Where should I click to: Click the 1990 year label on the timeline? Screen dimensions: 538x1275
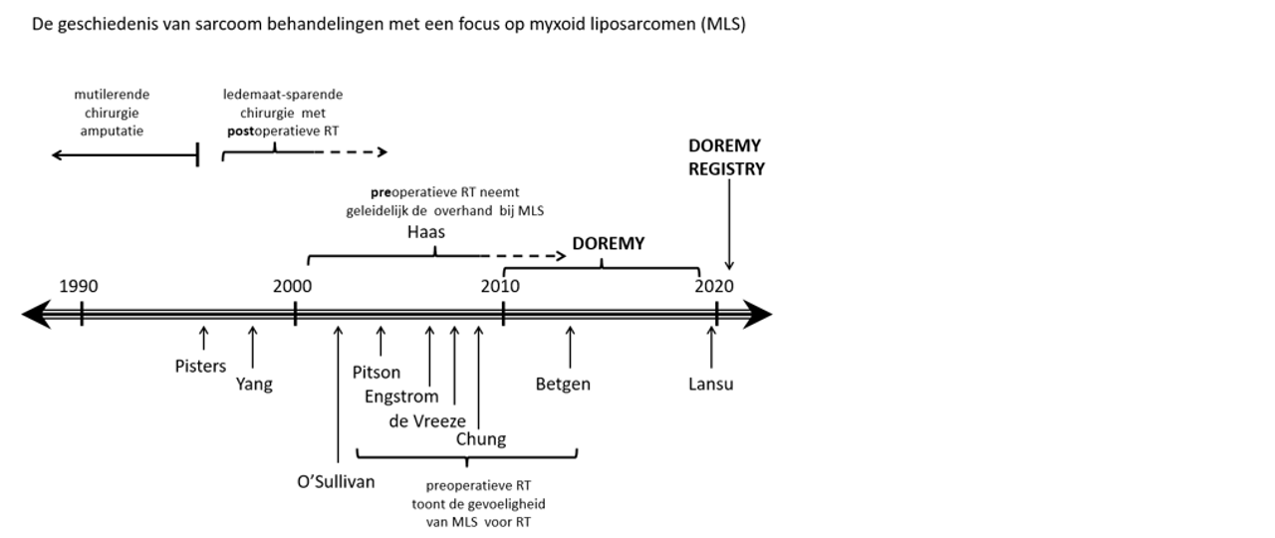click(x=79, y=287)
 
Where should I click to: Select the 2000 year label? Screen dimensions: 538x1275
click(x=293, y=287)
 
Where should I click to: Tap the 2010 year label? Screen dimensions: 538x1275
click(x=500, y=287)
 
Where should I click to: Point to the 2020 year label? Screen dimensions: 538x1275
click(x=714, y=287)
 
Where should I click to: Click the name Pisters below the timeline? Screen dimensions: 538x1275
click(x=200, y=367)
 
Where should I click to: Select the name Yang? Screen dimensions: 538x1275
click(x=254, y=385)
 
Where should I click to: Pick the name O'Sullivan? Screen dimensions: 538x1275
click(x=336, y=482)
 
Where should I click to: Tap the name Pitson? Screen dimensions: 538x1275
click(x=377, y=373)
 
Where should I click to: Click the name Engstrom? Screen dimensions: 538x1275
click(x=401, y=397)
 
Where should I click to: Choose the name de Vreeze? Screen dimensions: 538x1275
click(x=427, y=421)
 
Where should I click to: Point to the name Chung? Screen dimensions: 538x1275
click(x=481, y=439)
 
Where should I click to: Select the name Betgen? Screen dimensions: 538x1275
click(x=563, y=385)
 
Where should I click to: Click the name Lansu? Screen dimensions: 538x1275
click(x=710, y=385)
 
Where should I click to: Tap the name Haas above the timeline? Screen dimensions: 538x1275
click(x=426, y=232)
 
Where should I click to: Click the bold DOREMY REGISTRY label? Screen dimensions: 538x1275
click(x=726, y=157)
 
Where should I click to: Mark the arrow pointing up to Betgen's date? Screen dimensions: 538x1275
click(x=570, y=345)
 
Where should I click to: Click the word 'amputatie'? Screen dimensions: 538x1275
click(x=113, y=131)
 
